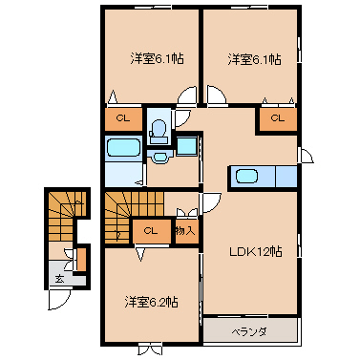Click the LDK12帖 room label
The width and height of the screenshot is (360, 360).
256,252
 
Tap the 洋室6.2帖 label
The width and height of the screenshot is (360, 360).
151,302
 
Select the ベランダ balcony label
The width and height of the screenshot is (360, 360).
249,332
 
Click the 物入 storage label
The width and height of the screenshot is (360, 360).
185,231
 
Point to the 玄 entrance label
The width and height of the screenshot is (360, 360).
59,279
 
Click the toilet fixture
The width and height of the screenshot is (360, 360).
159,131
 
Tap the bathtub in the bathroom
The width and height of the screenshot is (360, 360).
124,147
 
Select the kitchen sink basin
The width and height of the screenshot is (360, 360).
246,176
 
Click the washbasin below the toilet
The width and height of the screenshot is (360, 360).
159,157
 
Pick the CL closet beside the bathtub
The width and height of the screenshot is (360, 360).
123,119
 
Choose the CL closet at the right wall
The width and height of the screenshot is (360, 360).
278,118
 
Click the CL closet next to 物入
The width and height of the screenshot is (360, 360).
152,231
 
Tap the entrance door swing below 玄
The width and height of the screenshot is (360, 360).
59,300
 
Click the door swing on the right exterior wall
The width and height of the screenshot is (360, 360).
306,156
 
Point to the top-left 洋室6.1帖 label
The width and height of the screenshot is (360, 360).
157,59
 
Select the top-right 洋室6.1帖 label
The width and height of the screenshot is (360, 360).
254,59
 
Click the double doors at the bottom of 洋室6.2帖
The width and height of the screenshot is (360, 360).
151,349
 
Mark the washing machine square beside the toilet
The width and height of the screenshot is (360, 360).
186,146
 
